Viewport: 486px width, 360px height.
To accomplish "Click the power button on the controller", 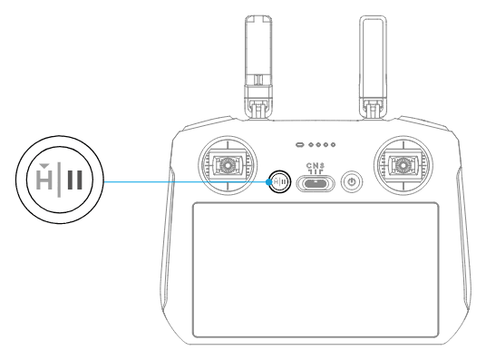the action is [352, 181].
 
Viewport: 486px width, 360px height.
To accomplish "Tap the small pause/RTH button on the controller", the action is [279, 181].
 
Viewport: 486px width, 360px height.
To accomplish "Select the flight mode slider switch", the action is [316, 183].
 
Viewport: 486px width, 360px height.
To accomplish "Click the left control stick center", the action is [228, 165].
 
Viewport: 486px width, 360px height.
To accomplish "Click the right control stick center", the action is [403, 165].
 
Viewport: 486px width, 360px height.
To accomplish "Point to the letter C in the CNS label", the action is [309, 166].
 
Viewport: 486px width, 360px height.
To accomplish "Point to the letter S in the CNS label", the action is [322, 166].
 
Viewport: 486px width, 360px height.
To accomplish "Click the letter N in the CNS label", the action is [316, 166].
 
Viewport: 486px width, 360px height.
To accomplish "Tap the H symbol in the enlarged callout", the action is [44, 180].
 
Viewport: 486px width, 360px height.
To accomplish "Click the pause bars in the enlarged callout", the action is [75, 180].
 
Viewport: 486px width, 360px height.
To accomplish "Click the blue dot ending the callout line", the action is [268, 182].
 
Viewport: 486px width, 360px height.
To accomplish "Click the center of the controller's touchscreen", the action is [316, 269].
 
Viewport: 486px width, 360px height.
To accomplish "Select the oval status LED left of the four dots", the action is [300, 145].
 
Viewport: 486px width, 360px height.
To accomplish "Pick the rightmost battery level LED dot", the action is [333, 145].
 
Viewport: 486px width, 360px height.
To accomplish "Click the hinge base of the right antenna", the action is [373, 109].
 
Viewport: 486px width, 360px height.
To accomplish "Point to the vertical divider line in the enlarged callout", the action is [59, 180].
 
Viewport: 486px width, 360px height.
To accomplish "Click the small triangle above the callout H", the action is [44, 166].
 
